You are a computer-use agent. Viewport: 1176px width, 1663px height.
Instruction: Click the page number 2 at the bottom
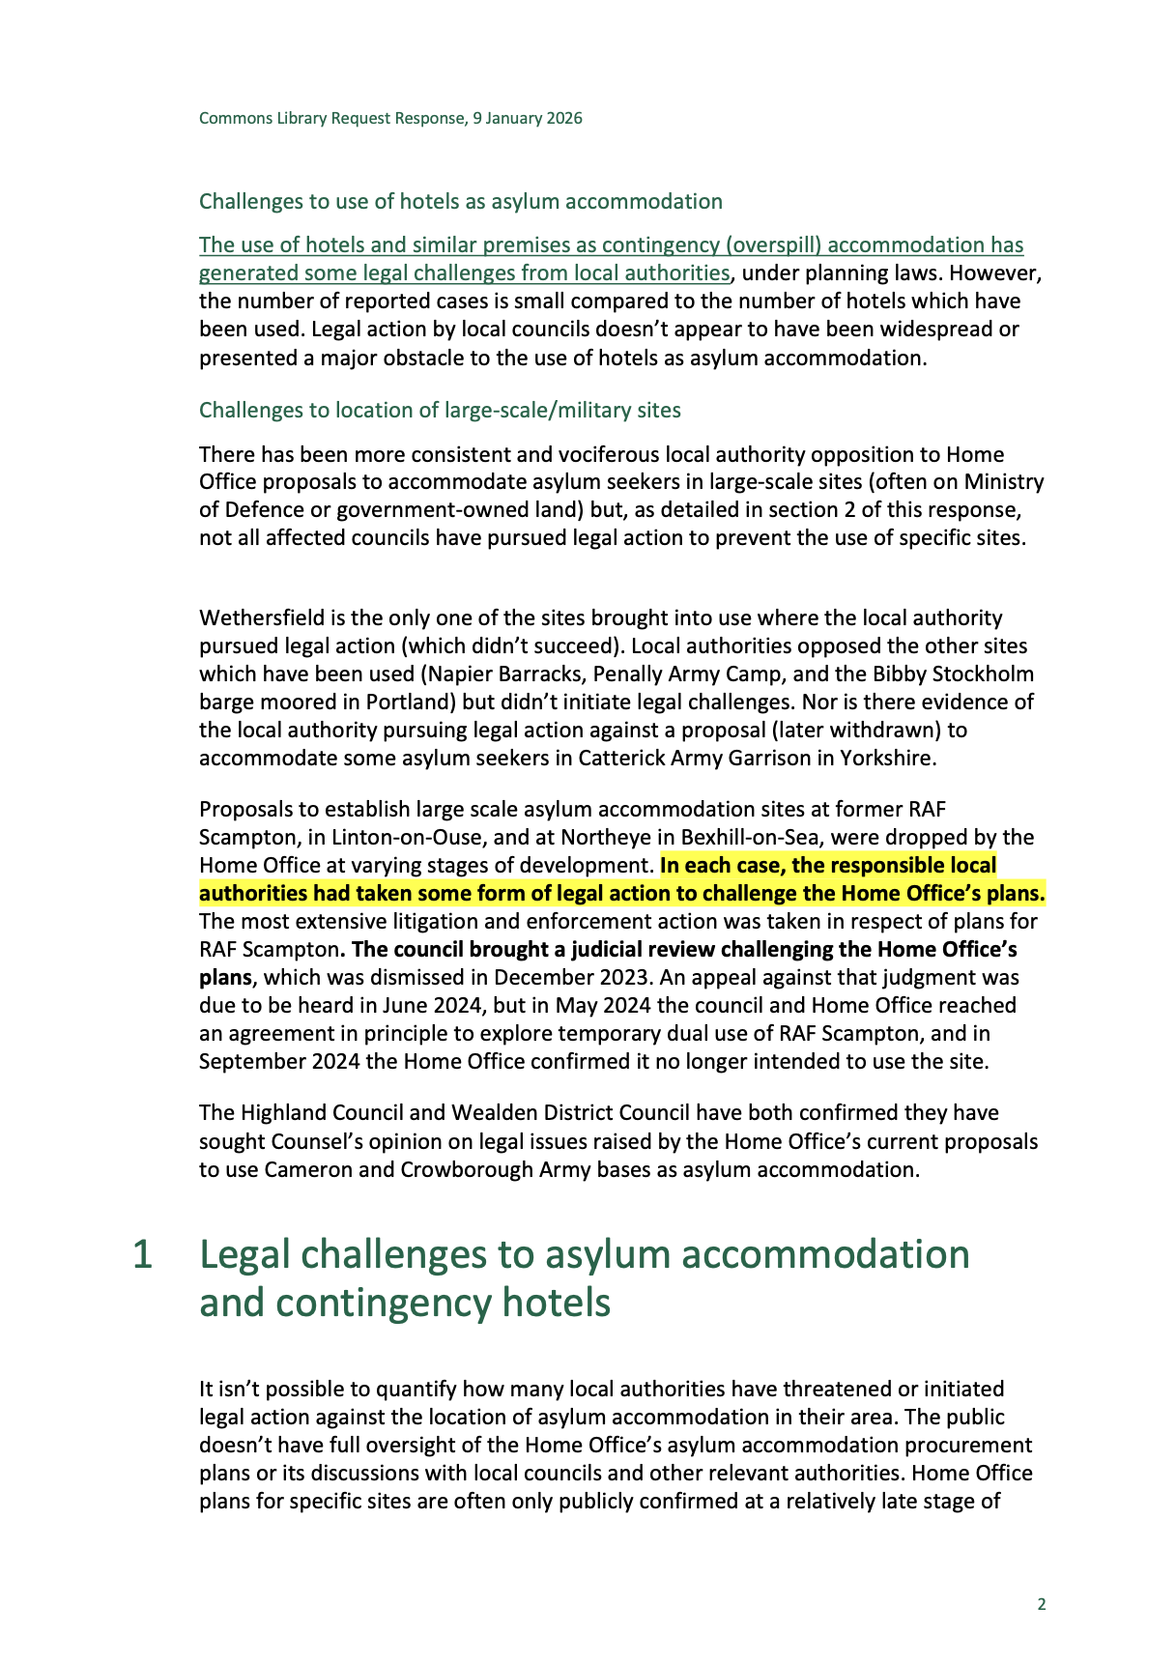point(1041,1604)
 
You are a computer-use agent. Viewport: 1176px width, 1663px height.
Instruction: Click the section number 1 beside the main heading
point(142,1254)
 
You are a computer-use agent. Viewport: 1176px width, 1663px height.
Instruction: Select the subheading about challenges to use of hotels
point(460,201)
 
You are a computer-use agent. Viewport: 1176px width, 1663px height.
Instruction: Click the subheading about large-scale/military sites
point(440,410)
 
